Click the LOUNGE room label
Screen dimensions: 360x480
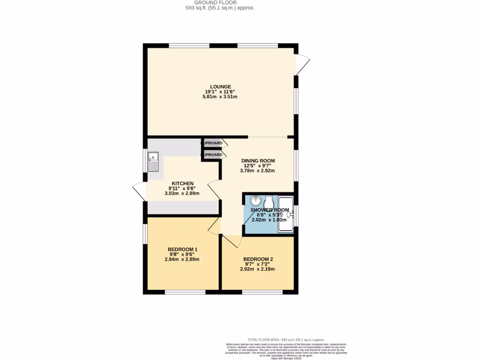(x=220, y=86)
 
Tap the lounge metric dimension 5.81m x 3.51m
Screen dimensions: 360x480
(x=220, y=97)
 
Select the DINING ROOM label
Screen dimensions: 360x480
(x=258, y=161)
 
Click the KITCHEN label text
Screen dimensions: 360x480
(x=182, y=183)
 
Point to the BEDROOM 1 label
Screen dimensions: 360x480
(x=182, y=249)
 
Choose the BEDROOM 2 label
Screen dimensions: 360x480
(x=258, y=259)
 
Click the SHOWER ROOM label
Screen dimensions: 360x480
(x=270, y=210)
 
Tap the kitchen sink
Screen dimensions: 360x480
(x=153, y=162)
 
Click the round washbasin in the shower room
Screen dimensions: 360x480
(x=255, y=201)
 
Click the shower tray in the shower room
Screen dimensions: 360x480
(x=285, y=215)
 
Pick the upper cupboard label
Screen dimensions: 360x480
(x=212, y=142)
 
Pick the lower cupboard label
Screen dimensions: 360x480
(x=212, y=155)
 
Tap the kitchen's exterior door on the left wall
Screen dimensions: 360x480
(x=139, y=192)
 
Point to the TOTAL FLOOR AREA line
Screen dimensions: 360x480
(x=285, y=340)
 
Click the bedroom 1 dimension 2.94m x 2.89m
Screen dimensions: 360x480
(x=182, y=259)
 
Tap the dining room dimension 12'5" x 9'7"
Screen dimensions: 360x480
(x=258, y=165)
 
